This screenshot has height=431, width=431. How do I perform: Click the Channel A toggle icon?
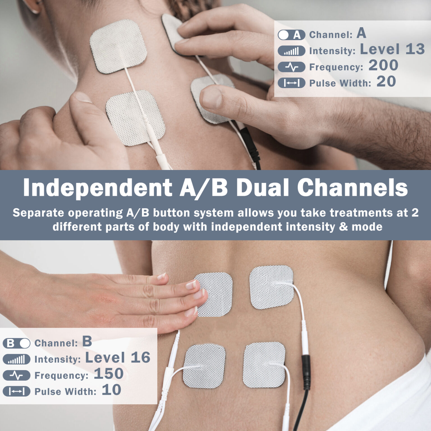(291, 35)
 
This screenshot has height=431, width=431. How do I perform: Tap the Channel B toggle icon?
(17, 343)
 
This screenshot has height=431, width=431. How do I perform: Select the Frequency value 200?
(383, 65)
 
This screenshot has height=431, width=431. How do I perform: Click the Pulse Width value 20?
(386, 82)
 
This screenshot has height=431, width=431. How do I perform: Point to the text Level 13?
(392, 49)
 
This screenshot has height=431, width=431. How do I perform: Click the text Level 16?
(118, 357)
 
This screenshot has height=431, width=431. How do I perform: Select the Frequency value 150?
(109, 374)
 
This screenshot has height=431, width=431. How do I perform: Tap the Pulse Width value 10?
(111, 390)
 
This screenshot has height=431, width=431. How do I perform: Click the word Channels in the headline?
(352, 187)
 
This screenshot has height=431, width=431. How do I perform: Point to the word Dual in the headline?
(262, 187)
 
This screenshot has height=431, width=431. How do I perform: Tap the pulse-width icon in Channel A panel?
(291, 83)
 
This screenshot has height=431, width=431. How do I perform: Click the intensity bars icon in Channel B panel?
(17, 359)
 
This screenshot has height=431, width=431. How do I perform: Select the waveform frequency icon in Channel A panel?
(291, 67)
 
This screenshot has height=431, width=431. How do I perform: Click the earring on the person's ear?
(35, 11)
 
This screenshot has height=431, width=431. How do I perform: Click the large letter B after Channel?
(87, 341)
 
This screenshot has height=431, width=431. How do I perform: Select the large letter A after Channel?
(361, 33)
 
